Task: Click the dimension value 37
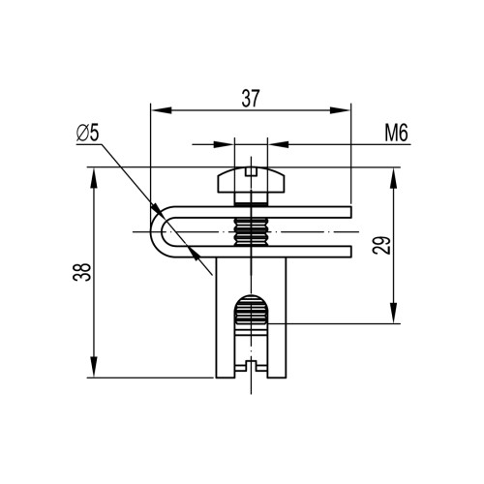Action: pos(251,99)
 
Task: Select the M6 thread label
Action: pos(396,133)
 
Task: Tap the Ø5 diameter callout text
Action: pos(87,133)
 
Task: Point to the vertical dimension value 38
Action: pos(81,272)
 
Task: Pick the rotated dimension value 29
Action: pos(381,246)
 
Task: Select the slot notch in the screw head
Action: pos(251,171)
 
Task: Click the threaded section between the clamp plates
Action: pos(251,231)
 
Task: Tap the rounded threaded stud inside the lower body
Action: pos(251,310)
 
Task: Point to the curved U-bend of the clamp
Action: pos(157,231)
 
